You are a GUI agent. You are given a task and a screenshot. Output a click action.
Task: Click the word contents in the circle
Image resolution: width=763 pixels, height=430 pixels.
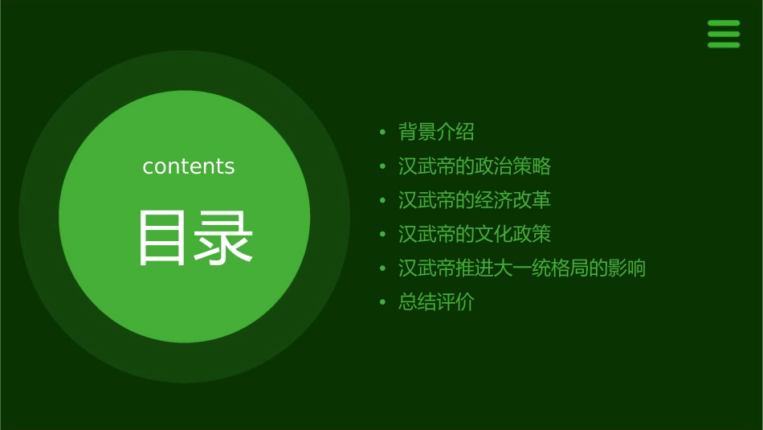point(189,166)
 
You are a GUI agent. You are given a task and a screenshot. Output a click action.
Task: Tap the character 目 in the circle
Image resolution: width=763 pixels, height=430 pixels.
point(162,238)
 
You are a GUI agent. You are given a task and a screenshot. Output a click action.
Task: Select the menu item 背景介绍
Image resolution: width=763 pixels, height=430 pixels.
point(436,132)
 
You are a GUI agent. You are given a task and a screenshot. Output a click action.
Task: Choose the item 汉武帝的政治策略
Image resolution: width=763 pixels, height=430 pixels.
point(474,166)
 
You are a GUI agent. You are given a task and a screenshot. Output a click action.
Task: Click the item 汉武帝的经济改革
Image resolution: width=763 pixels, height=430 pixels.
point(474,200)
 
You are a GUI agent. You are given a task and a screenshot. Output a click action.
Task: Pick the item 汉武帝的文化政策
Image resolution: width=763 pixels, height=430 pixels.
point(474,235)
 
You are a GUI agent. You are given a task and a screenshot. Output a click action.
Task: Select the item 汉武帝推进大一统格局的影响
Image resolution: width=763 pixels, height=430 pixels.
point(521,268)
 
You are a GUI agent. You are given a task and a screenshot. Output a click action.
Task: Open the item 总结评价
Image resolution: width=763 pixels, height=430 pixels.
point(436,303)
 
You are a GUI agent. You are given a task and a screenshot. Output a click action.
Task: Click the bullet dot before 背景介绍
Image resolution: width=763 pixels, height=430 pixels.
point(383,132)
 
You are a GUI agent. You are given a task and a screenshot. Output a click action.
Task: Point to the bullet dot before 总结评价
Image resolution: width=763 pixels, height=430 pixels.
point(383,303)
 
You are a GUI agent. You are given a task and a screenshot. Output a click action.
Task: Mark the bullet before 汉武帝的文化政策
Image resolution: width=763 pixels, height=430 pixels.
point(383,235)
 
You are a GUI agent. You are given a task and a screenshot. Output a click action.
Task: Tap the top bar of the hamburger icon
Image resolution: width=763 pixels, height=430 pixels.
point(723,23)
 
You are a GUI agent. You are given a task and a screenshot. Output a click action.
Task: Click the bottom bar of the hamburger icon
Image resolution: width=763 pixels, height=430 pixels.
point(723,45)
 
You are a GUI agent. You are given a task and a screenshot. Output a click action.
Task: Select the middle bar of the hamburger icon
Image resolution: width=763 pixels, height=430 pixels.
point(723,34)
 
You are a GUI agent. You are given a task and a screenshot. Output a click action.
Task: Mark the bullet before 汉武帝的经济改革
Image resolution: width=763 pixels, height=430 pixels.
point(383,200)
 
